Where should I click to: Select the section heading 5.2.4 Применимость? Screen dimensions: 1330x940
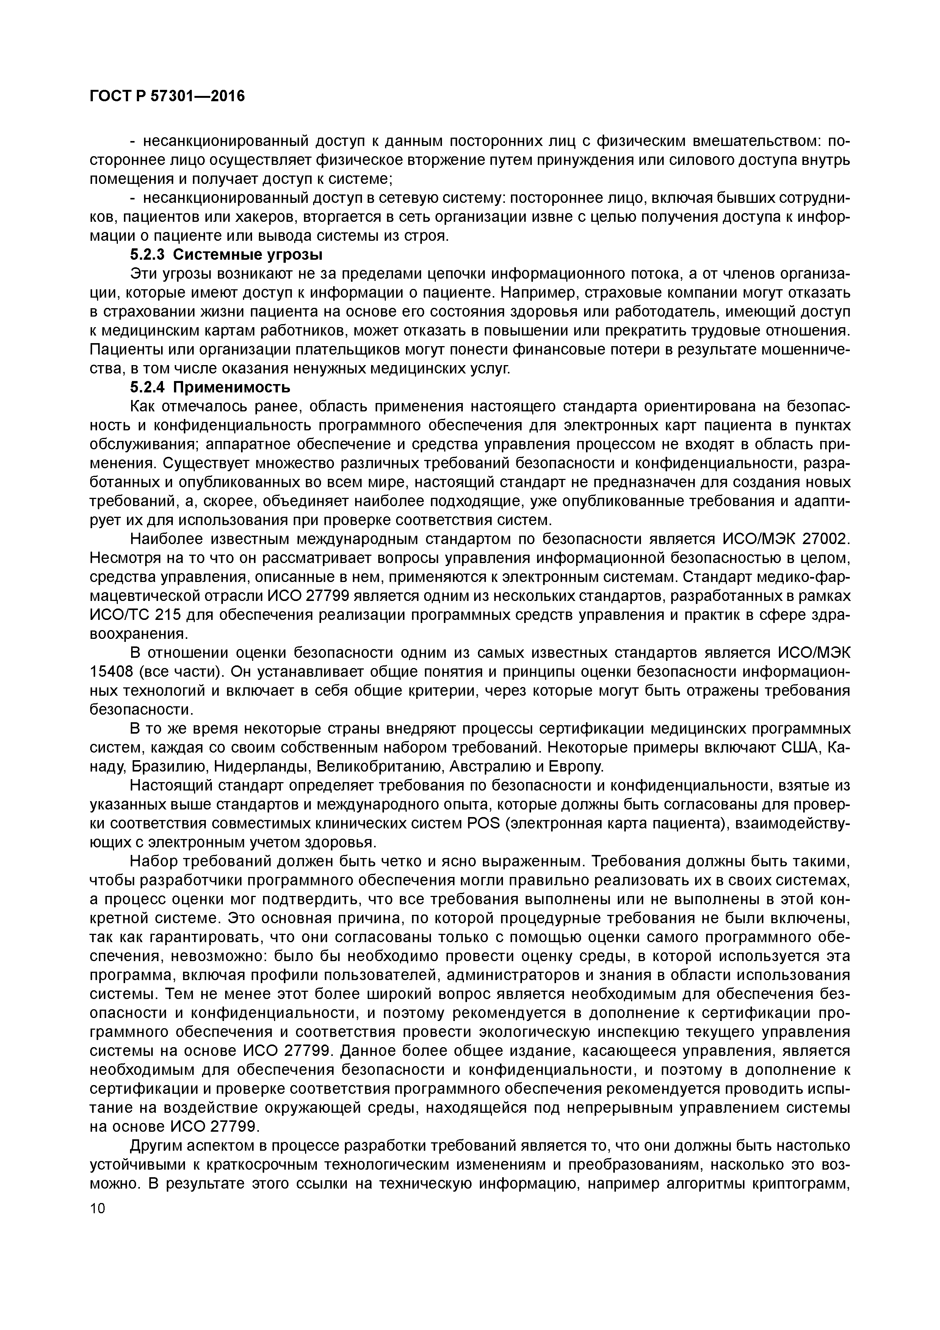[x=210, y=386]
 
